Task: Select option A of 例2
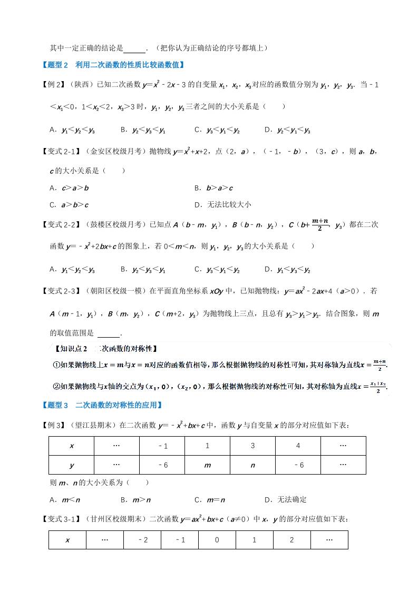click(72, 130)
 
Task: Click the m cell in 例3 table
click(207, 465)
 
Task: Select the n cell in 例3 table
click(252, 465)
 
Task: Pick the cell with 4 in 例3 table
click(298, 446)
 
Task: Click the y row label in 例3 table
click(71, 465)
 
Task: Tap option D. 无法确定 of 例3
click(285, 499)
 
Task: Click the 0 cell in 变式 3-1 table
click(217, 540)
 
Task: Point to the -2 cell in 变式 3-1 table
click(142, 540)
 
